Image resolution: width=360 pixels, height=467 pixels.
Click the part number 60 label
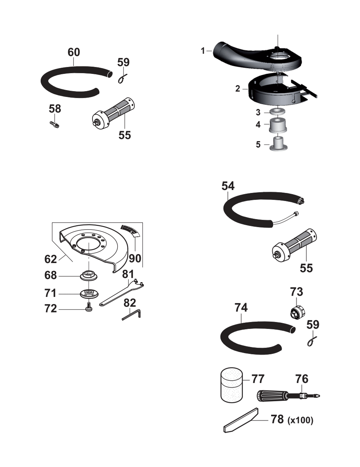[x=74, y=52]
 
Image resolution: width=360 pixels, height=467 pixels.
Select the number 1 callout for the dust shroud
[x=203, y=51]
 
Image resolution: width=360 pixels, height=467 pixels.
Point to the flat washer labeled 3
[x=278, y=112]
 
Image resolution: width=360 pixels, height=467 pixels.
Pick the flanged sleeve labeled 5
[x=278, y=144]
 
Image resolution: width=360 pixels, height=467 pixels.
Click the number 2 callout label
[x=238, y=89]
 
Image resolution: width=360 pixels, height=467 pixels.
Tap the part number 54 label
[x=228, y=186]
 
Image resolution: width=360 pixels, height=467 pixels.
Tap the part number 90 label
[x=135, y=258]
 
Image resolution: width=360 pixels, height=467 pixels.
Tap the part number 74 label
[x=241, y=307]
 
